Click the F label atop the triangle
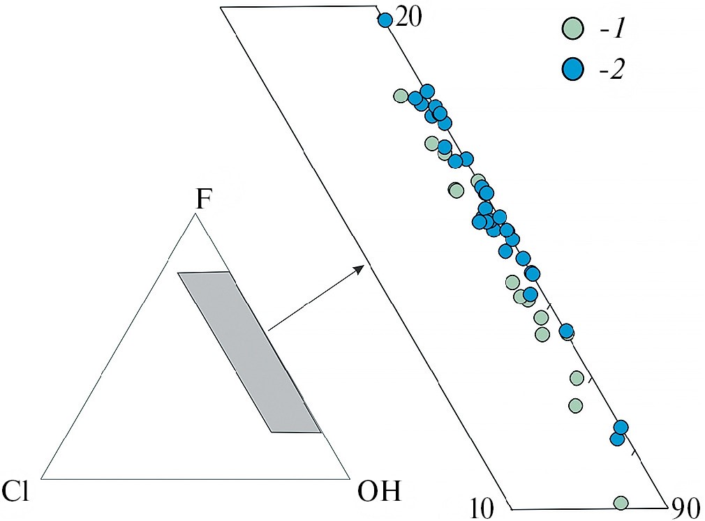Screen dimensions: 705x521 coord(203,200)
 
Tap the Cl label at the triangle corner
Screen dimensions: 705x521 coord(16,490)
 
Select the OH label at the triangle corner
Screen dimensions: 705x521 coord(379,491)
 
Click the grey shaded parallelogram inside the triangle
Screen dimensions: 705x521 coord(249,352)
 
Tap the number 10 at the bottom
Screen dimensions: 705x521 coord(482,508)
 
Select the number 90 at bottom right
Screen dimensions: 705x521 coord(685,508)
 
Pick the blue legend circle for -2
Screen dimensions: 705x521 coord(572,69)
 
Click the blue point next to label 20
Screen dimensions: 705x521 coord(385,20)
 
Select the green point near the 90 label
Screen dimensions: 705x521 coord(621,503)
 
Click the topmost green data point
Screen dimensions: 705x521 coord(400,96)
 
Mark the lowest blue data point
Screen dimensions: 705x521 coord(618,439)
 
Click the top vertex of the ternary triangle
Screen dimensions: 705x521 coord(195,214)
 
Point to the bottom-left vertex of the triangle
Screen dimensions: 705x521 coord(41,478)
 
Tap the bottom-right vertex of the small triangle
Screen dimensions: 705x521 coord(349,478)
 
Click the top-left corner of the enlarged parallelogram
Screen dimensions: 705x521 coord(221,8)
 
